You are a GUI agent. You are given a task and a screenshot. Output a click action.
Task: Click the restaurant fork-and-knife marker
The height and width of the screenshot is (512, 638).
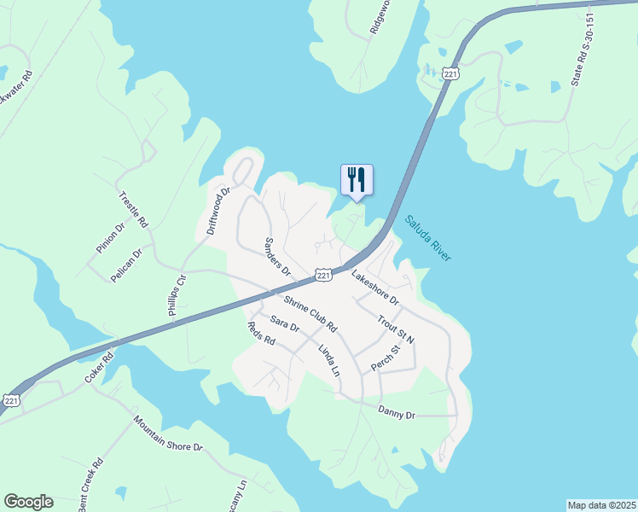coord(357,180)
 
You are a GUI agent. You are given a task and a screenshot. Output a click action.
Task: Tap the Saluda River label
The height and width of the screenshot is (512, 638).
coord(427,238)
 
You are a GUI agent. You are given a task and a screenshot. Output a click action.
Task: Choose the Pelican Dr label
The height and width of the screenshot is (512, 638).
coord(125,265)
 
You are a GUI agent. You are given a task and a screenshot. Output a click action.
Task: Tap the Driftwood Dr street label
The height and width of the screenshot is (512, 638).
coord(219,211)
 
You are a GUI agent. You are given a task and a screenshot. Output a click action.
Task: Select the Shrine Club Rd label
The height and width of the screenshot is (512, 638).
coord(310,315)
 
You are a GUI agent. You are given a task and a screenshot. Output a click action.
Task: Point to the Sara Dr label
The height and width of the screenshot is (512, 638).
coord(284,323)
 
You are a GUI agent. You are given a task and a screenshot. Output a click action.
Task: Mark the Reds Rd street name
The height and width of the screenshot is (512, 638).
coord(261,334)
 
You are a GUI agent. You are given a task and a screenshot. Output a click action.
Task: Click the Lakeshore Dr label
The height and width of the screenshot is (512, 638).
coord(375,288)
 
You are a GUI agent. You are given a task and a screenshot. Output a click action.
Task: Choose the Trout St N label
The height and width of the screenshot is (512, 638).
coord(396,328)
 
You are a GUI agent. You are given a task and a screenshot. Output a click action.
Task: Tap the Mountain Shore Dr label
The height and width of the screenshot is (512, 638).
coord(168,433)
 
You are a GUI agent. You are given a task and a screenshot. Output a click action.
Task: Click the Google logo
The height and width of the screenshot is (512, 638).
coord(28,502)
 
